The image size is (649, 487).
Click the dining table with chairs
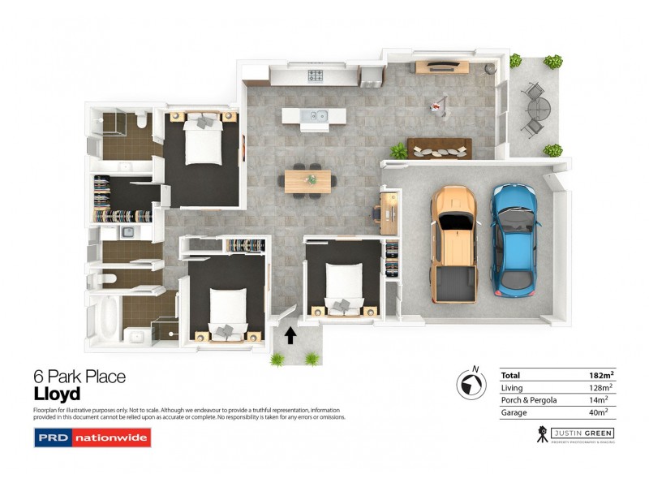tap(308, 179)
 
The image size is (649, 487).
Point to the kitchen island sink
tap(313, 116)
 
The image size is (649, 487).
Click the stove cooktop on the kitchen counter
tap(315, 76)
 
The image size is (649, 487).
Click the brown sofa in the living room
tap(440, 148)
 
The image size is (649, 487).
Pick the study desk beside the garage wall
tap(389, 209)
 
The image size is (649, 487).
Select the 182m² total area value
tap(601, 375)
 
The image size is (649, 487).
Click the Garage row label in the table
tap(514, 412)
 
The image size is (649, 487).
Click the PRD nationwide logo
tap(92, 438)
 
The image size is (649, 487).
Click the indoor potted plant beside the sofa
tap(398, 151)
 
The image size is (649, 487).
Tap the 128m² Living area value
tap(601, 388)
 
